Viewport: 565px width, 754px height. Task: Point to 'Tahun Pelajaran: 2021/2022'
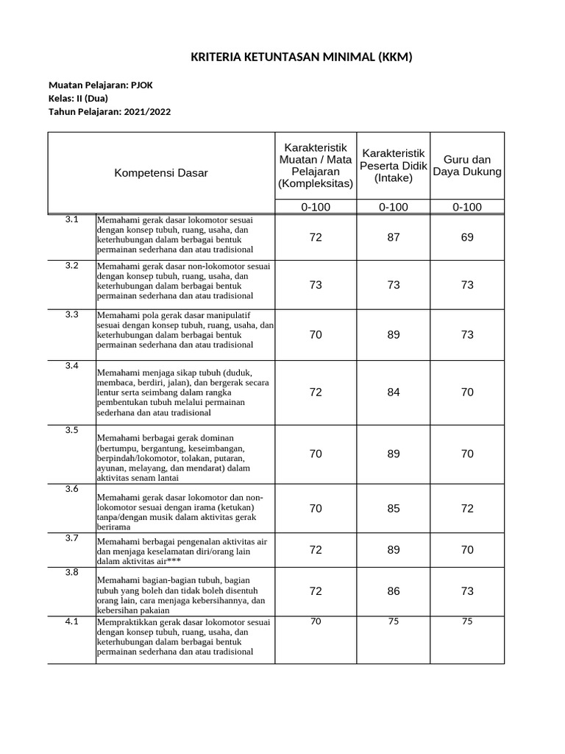tap(110, 112)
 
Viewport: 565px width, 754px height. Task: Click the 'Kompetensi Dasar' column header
tap(160, 173)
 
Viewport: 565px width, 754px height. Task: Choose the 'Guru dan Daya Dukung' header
tap(467, 166)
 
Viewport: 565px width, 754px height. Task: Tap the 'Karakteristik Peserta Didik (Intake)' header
tap(393, 166)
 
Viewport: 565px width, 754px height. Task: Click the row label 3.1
tap(71, 219)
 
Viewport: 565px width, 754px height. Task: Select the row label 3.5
tap(71, 430)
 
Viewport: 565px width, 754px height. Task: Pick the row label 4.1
tap(71, 621)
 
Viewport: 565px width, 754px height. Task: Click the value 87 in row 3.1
tap(394, 238)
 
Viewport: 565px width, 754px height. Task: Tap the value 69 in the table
tap(467, 238)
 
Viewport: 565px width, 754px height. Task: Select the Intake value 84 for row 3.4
tap(394, 392)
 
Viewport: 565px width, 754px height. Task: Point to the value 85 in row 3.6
tap(394, 509)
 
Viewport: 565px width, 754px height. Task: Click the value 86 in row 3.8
tap(394, 591)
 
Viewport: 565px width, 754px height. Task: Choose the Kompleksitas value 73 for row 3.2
tap(316, 285)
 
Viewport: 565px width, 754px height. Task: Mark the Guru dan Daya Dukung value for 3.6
tap(467, 509)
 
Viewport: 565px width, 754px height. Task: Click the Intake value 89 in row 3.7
tap(394, 550)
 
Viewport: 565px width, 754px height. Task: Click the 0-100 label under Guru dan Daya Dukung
tap(467, 207)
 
